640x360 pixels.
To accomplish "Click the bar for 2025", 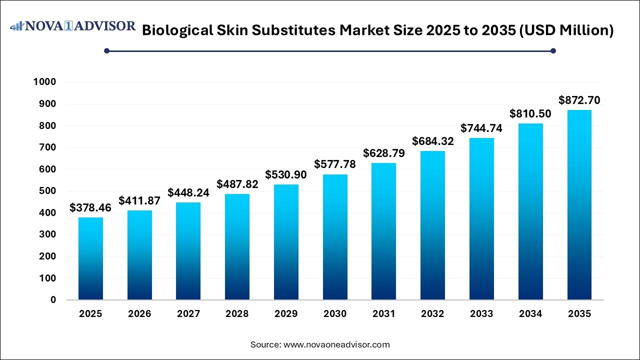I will point(90,258).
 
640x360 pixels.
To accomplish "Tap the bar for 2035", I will point(579,205).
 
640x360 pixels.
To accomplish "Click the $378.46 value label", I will point(90,207).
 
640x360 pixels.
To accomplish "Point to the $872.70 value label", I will point(579,100).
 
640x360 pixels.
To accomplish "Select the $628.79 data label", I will point(383,153).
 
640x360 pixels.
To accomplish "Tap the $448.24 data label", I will point(188,192).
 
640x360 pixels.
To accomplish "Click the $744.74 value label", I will point(481,128).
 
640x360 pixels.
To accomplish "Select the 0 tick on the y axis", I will point(53,300).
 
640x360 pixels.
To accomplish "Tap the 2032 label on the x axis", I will point(432,314).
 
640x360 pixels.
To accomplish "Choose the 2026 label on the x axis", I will point(139,314).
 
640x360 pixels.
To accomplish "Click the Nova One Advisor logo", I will point(73,26).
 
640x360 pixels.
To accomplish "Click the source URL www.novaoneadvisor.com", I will point(336,344).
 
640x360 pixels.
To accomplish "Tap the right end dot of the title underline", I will point(553,50).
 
